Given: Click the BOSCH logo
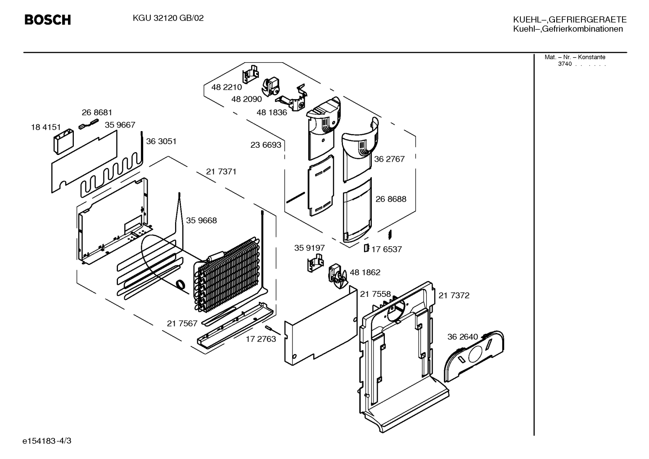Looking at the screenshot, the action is [x=48, y=20].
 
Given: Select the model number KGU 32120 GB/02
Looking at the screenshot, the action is [x=168, y=18].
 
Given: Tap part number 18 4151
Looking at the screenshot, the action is [x=46, y=127].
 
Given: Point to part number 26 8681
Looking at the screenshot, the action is [x=97, y=113].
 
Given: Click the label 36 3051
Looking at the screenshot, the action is [x=161, y=141].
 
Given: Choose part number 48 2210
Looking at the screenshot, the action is [x=226, y=87].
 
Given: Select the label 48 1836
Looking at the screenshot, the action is [x=272, y=113].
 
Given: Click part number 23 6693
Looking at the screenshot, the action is [x=266, y=145].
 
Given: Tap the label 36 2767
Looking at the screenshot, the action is [x=389, y=159].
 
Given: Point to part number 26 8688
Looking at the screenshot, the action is [x=391, y=199].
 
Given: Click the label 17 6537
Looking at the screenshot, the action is [x=387, y=250].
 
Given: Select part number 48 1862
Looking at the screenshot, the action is [x=365, y=273].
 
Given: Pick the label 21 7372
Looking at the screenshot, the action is [x=454, y=296].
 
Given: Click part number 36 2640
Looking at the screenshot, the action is [x=463, y=337].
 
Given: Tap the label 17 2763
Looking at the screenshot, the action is [x=261, y=339].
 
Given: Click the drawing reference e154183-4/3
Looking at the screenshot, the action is [x=47, y=441].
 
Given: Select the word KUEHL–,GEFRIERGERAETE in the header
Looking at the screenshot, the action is [x=570, y=20].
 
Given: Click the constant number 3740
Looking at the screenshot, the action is [x=565, y=64].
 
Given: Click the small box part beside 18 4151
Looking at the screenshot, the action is [x=63, y=141].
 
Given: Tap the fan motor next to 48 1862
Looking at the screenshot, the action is [x=337, y=276].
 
